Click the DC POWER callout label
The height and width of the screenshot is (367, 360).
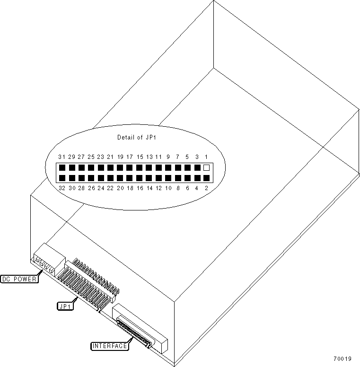point(19,279)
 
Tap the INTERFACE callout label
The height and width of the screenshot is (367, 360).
point(109,346)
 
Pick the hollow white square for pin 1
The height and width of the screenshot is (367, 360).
point(206,167)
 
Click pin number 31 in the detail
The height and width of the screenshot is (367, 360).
point(61,157)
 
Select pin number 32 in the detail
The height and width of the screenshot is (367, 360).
point(61,188)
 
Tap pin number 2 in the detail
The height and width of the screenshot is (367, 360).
point(206,188)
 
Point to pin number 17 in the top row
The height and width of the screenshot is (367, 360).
point(129,157)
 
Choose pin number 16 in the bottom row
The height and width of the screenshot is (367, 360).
point(139,188)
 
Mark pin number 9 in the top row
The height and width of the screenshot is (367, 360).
point(168,157)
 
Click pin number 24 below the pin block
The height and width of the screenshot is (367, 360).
point(100,188)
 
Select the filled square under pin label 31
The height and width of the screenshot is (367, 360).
point(61,167)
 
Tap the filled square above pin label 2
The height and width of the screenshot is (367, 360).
point(206,178)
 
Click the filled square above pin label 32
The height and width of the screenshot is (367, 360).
point(61,178)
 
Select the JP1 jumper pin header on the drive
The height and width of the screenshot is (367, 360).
point(90,284)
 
